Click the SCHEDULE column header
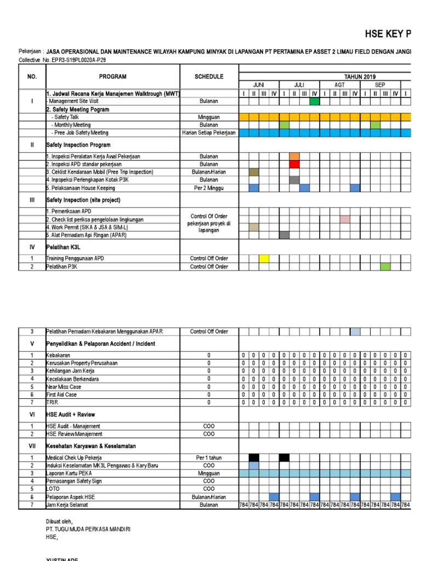209,77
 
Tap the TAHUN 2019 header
360,77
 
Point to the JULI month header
299,85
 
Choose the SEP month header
380,85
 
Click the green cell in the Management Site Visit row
314,101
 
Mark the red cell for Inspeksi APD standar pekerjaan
294,164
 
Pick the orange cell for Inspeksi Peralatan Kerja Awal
294,157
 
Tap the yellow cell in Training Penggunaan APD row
264,259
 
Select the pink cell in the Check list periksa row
345,220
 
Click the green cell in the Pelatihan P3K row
385,267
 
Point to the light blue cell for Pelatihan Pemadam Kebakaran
355,331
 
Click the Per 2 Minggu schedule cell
209,188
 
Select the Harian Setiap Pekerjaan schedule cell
209,133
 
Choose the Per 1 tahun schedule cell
209,457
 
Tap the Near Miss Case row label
64,387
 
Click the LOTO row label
53,489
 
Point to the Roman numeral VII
32,446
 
